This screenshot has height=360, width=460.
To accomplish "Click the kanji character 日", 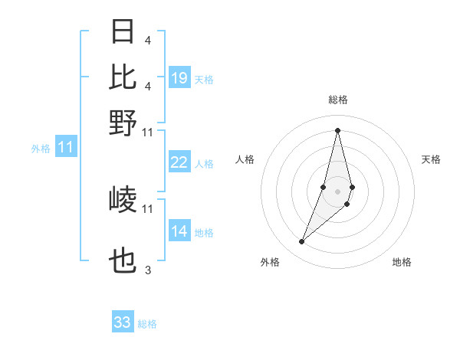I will click(123, 32).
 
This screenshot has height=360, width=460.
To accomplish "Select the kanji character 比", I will click(123, 77).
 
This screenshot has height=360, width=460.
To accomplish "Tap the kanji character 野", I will click(123, 123).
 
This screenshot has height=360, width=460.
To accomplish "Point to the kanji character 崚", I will click(123, 200).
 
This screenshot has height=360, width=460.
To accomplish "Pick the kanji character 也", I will click(123, 263).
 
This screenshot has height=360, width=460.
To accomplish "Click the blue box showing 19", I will click(179, 78).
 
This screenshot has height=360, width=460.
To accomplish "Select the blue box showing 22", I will click(179, 162).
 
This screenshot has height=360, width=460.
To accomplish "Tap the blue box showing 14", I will click(179, 231).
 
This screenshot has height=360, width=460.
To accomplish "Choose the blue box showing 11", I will click(66, 148).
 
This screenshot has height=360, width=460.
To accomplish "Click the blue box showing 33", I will click(123, 322).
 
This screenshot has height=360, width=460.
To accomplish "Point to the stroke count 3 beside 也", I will click(148, 270).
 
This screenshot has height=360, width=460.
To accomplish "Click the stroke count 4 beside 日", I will click(147, 40).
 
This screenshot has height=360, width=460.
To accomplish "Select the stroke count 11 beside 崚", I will click(148, 208).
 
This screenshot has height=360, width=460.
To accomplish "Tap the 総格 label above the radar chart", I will click(337, 100).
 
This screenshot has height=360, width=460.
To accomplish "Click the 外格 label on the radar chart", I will click(270, 262).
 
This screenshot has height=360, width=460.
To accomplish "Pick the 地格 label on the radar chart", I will click(402, 262).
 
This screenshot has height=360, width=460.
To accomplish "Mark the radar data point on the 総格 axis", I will click(337, 129).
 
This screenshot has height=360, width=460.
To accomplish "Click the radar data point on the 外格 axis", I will click(302, 242).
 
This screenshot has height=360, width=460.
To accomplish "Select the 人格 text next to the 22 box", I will click(205, 163).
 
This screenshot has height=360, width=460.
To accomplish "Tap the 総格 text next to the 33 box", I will click(148, 324).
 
